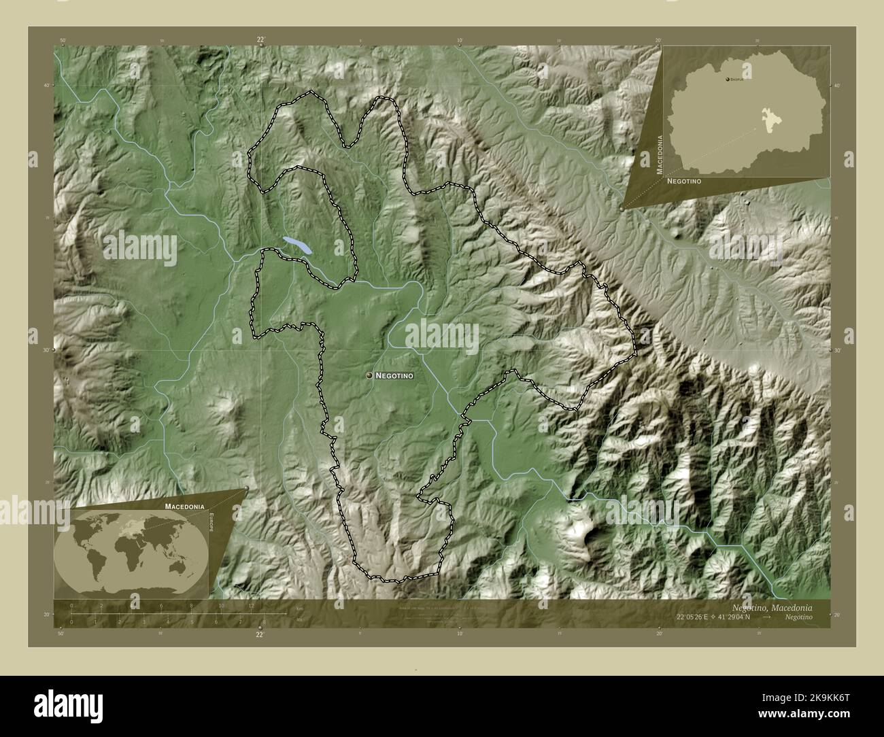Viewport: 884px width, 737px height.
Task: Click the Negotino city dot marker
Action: tap(369, 375)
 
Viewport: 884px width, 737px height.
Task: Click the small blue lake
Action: tap(297, 245)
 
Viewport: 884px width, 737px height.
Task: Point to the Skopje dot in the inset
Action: tap(729, 80)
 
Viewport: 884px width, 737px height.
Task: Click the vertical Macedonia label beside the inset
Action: tap(659, 155)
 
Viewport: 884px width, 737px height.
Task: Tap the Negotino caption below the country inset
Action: tap(683, 182)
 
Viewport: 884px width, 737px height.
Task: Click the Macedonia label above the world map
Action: tap(183, 507)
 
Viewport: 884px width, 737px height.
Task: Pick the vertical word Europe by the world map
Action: tap(212, 525)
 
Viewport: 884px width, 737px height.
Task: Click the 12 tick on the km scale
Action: tap(251, 606)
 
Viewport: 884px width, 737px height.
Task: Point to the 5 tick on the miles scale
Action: tap(192, 621)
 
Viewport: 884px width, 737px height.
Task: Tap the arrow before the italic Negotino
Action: tap(766, 617)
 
